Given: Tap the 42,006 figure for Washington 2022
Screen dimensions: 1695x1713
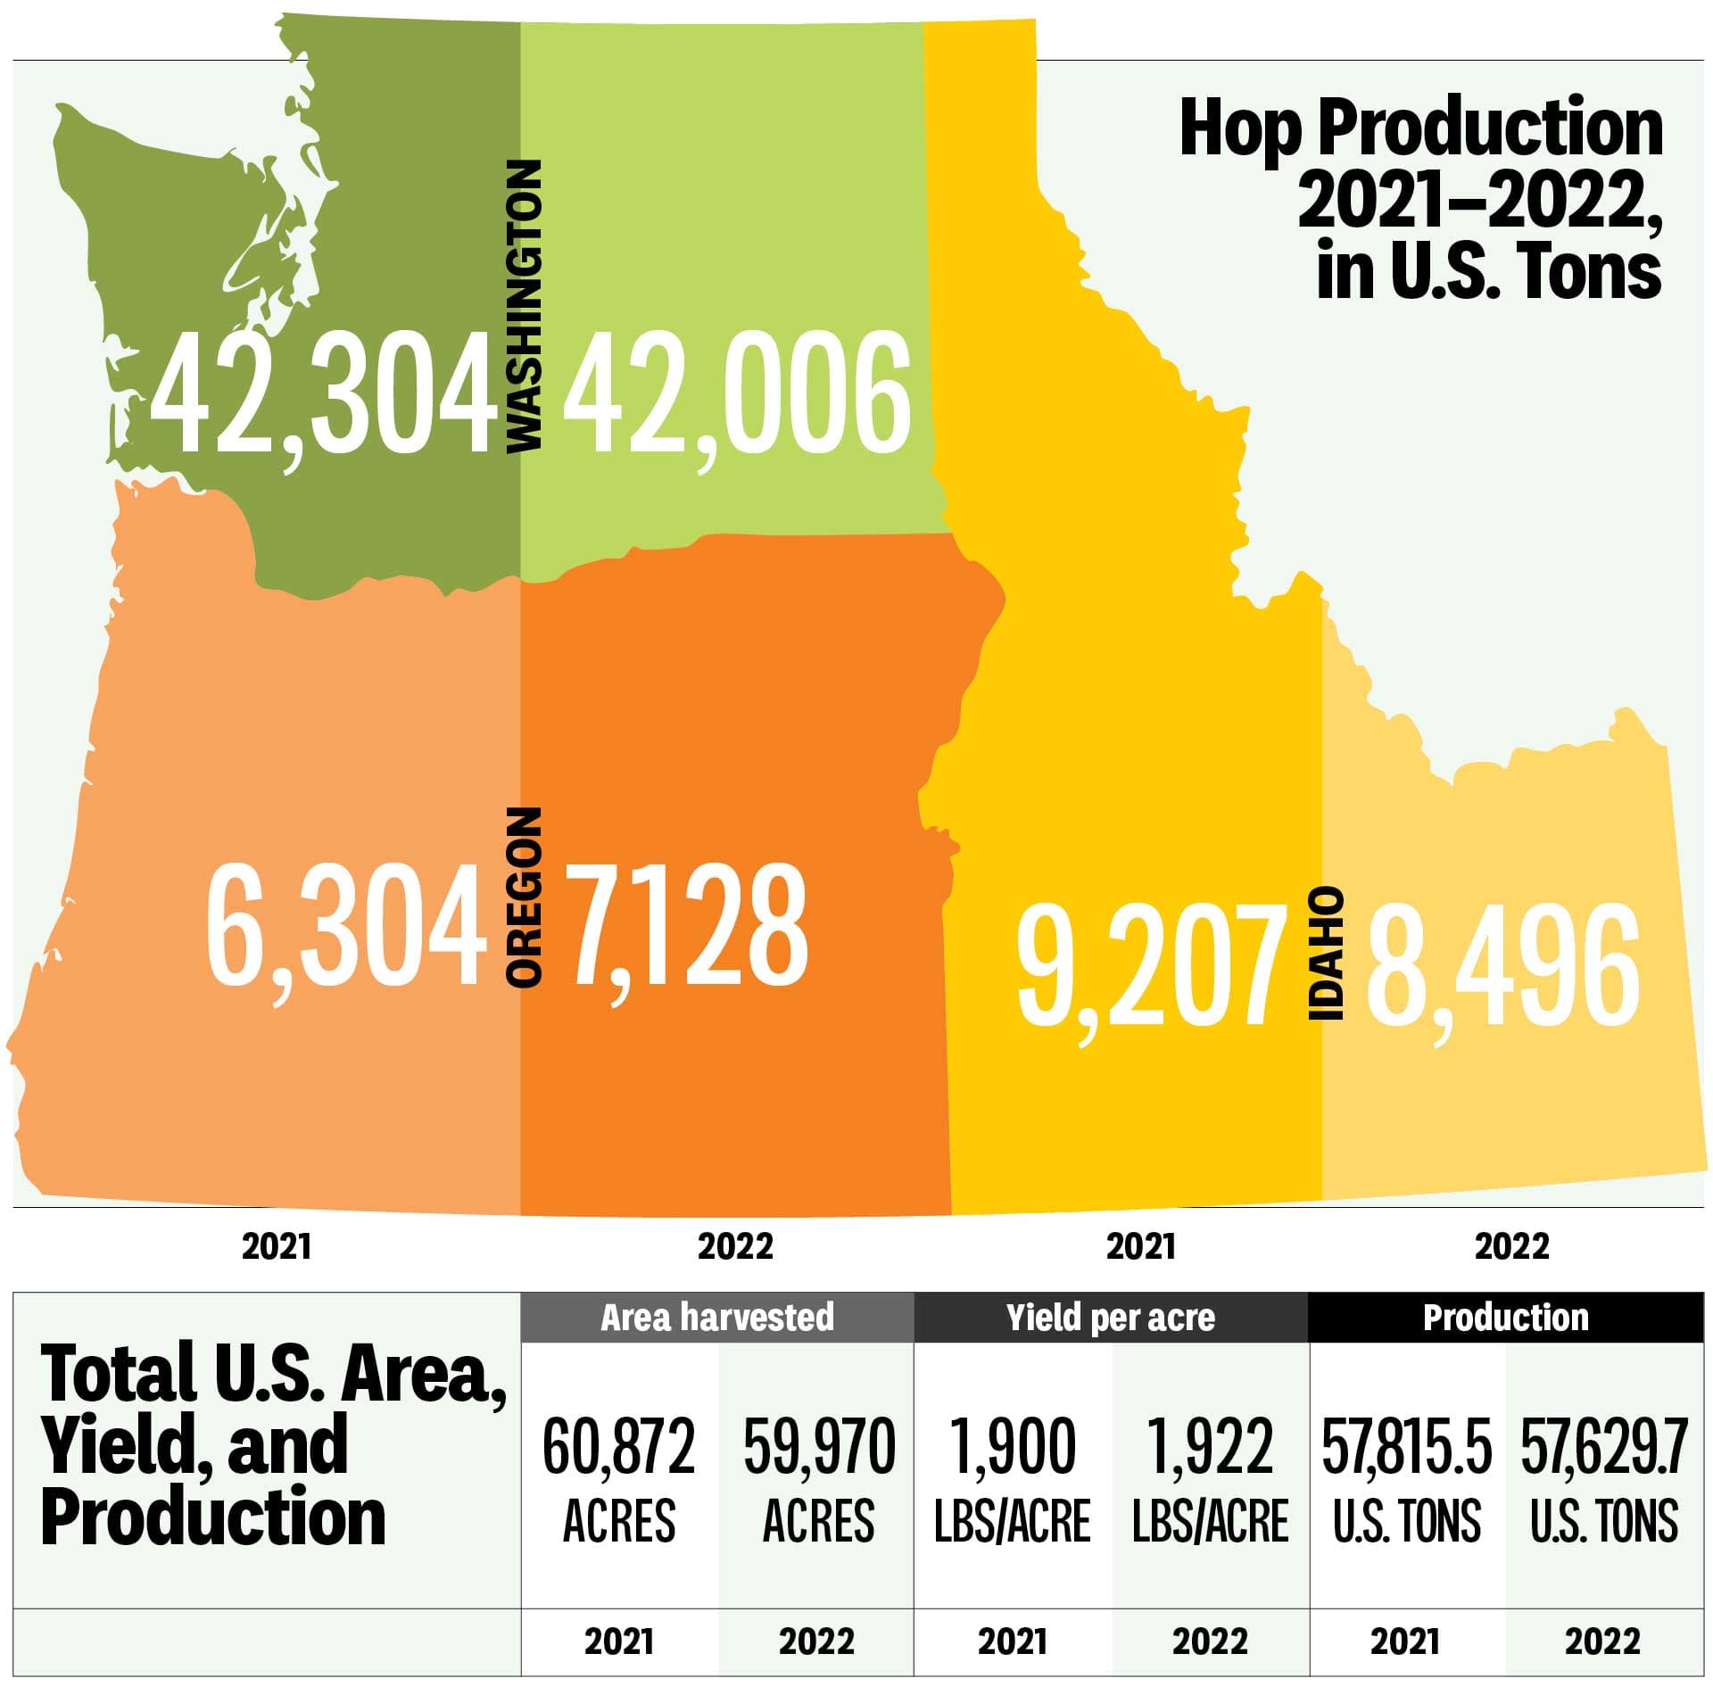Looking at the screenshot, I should point(736,393).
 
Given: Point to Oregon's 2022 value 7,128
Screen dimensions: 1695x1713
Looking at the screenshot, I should point(687,928).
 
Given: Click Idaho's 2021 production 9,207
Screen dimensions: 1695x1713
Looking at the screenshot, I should point(1151,963).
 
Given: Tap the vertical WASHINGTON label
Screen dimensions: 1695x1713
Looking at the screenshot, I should point(524,305).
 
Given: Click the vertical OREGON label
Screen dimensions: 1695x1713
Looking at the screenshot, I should point(524,897).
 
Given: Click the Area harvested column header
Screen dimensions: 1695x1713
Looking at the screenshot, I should point(717,1318).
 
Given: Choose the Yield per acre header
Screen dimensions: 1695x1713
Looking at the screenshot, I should point(1111,1318).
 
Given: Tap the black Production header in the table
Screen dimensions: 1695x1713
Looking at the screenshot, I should point(1505,1318).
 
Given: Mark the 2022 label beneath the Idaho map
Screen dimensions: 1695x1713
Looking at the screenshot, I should point(1511,1246).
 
